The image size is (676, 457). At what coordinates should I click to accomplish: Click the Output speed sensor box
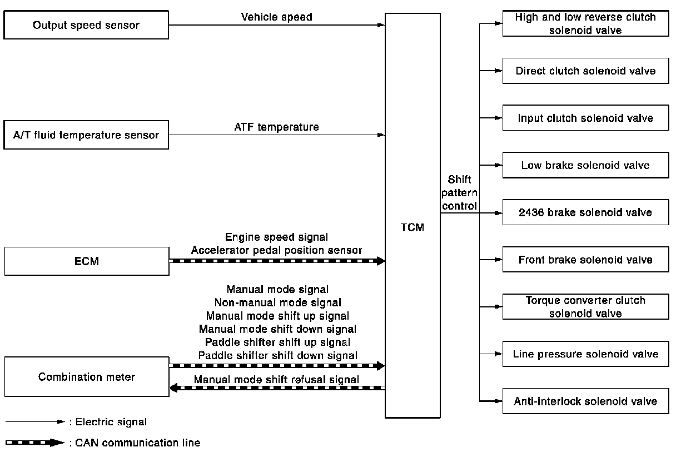click(x=86, y=25)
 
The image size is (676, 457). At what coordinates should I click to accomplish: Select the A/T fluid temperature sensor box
click(x=86, y=135)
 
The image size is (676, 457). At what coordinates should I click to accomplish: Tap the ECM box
click(x=86, y=261)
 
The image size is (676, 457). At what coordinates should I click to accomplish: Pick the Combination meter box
click(x=86, y=377)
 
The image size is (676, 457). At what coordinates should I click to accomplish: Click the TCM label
click(x=412, y=227)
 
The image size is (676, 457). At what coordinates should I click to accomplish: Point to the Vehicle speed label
click(x=276, y=17)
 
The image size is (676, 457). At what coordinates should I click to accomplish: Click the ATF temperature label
click(x=276, y=127)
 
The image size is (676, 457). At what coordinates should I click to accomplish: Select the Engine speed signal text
click(x=276, y=237)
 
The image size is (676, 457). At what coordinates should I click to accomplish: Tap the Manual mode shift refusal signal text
click(x=276, y=380)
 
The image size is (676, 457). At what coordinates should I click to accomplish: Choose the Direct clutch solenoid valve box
click(x=585, y=71)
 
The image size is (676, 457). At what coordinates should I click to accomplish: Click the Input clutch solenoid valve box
click(x=585, y=118)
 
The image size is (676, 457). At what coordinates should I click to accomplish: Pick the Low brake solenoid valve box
click(x=585, y=165)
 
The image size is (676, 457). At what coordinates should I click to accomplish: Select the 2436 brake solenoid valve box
click(x=585, y=212)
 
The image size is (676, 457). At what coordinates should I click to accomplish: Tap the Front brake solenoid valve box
click(x=585, y=260)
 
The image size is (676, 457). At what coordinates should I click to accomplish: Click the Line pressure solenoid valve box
click(x=585, y=354)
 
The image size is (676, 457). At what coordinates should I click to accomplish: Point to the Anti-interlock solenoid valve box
click(x=585, y=401)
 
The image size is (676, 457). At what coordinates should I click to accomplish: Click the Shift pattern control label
click(x=459, y=192)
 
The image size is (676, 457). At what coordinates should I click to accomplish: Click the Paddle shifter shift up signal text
click(x=277, y=342)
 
